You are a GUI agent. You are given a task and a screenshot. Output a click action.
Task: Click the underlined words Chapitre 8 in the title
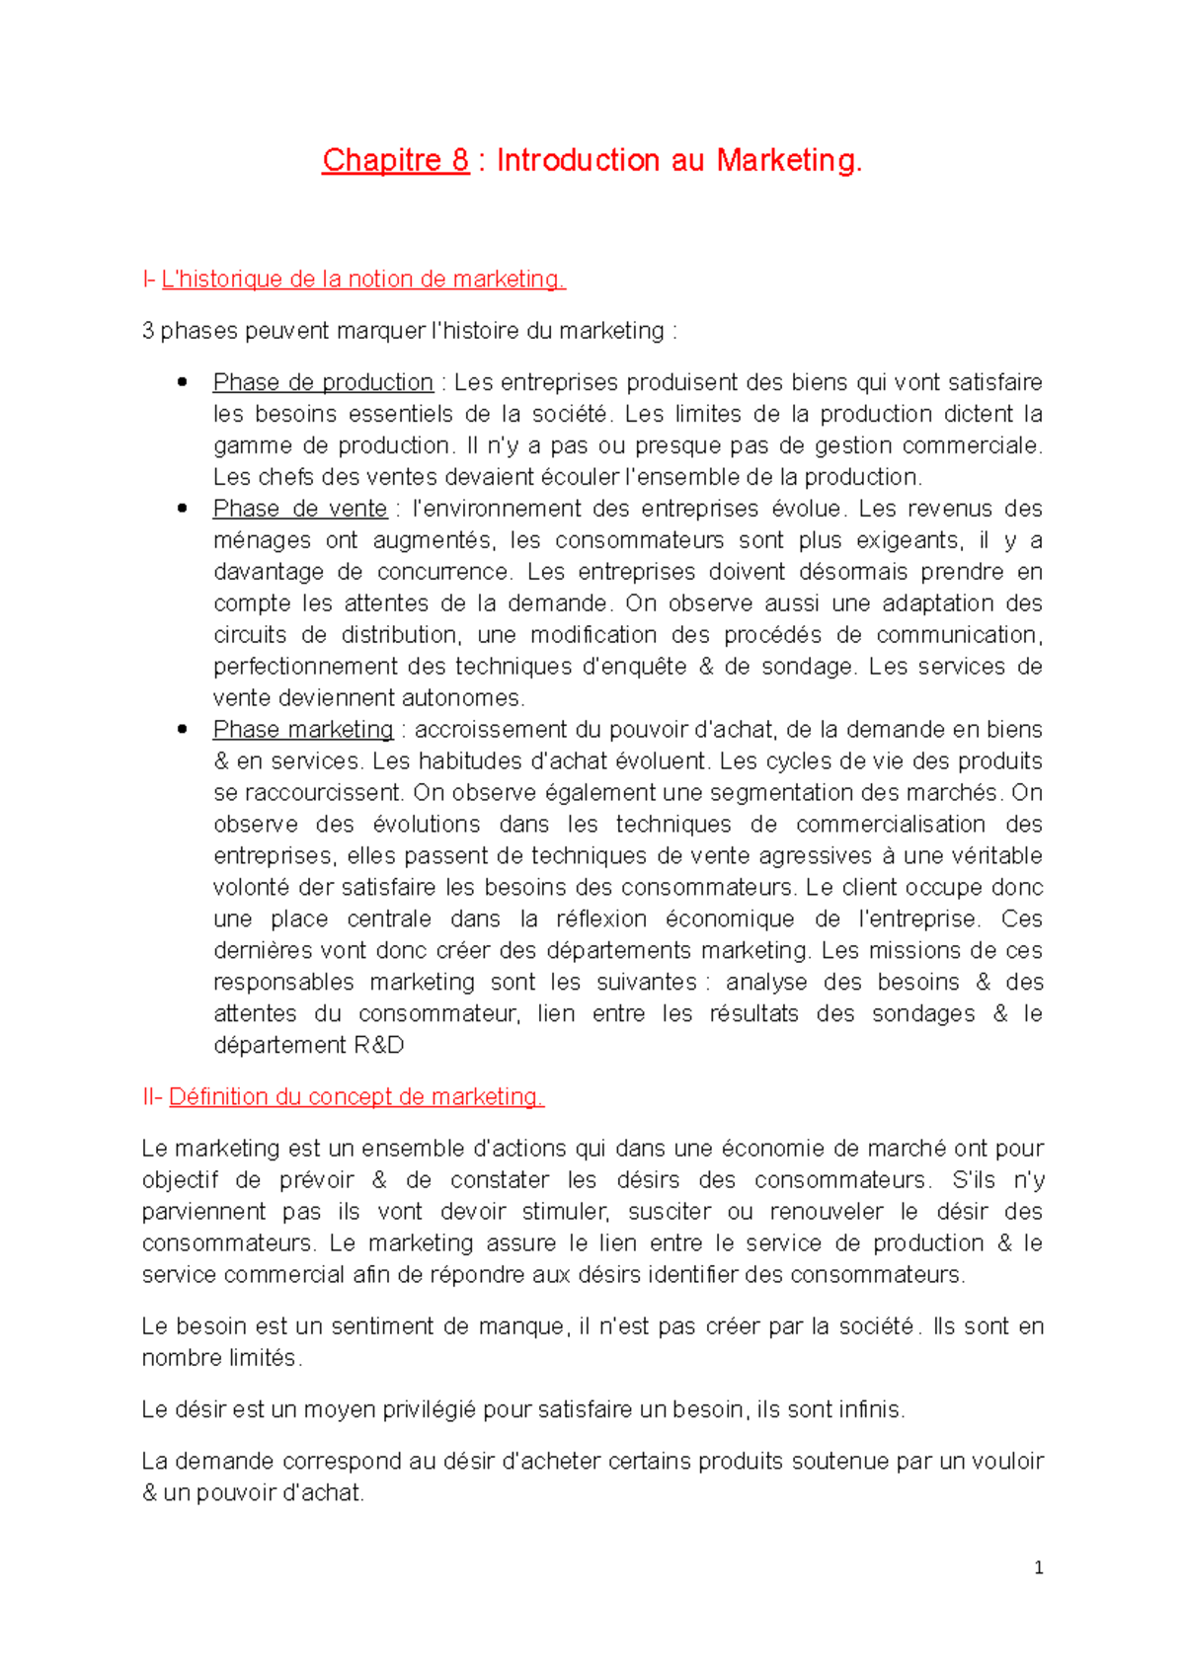[395, 160]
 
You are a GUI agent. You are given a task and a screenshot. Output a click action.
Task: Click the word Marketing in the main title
[789, 160]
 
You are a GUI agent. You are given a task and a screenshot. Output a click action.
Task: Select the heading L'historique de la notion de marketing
[363, 279]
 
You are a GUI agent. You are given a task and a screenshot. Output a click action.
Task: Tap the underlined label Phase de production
[323, 382]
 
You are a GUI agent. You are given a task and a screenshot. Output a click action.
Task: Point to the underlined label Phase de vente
[300, 509]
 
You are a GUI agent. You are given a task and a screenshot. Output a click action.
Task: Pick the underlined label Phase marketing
[303, 730]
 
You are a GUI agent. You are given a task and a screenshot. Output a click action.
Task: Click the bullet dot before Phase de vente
[182, 509]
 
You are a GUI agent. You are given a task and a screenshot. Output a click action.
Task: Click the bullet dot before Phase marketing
[182, 730]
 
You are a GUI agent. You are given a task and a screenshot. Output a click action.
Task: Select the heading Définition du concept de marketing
[356, 1097]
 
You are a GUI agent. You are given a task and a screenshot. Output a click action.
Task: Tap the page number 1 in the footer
[1038, 1567]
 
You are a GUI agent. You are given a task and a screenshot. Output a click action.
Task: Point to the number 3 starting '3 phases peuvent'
[148, 331]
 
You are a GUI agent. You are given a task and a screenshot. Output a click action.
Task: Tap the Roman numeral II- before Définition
[152, 1097]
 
